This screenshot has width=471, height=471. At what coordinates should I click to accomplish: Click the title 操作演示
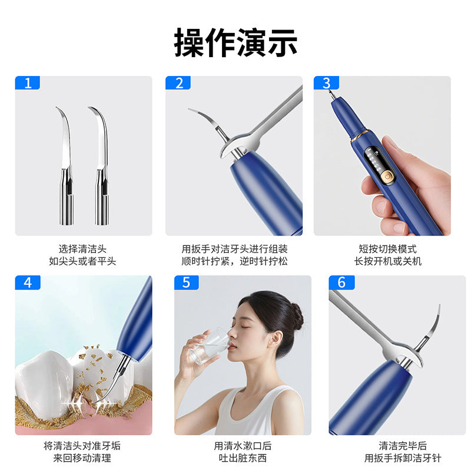[235, 42]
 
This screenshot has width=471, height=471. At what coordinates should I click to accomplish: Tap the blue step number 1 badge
[27, 83]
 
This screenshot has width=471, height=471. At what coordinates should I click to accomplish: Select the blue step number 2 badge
[178, 83]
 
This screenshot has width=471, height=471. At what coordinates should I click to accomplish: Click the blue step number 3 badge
[326, 83]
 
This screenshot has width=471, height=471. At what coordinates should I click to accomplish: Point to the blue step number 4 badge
[27, 282]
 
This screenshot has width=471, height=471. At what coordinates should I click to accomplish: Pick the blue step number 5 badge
[186, 282]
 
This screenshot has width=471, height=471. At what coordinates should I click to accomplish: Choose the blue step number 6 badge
[341, 282]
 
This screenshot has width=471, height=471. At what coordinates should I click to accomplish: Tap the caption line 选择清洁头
[83, 249]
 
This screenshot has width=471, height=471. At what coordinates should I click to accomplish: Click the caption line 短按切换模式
[387, 249]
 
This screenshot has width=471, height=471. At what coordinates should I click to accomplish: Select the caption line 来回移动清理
[83, 458]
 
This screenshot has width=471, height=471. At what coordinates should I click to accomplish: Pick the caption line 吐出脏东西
[243, 458]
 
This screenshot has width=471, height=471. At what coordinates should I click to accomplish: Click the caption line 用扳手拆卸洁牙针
[403, 458]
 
